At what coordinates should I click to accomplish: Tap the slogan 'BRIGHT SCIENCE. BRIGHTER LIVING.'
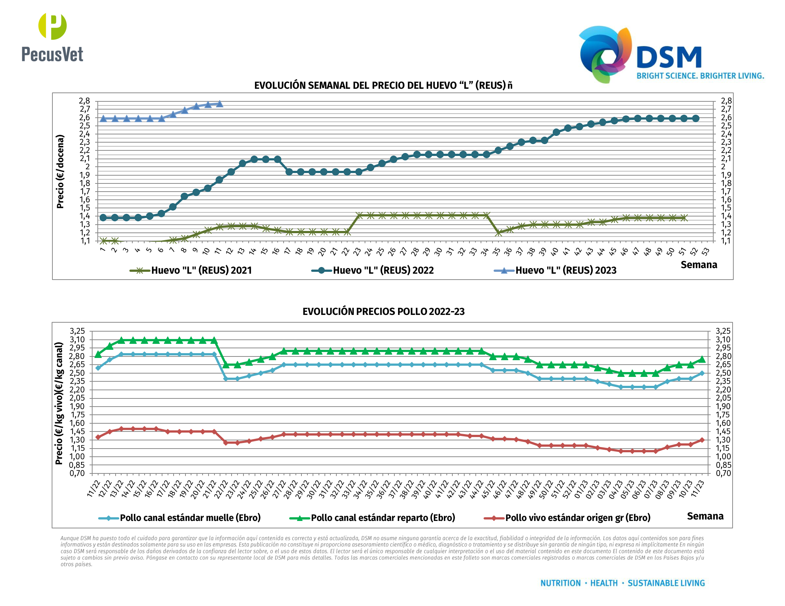[700, 76]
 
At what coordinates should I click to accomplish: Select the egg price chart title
[383, 85]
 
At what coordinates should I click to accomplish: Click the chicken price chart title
[383, 312]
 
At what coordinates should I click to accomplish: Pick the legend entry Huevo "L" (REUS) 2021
[201, 270]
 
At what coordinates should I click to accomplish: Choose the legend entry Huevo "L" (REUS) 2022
[383, 270]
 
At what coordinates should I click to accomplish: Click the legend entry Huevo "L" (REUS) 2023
[565, 270]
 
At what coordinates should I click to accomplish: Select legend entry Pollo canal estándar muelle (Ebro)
[190, 518]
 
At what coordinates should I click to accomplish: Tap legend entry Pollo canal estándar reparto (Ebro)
[383, 518]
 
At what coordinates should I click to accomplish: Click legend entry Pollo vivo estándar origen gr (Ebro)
[578, 518]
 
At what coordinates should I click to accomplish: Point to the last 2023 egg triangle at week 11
[220, 104]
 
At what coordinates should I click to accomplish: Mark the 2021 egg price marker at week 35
[498, 233]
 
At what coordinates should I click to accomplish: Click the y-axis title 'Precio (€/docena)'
[60, 171]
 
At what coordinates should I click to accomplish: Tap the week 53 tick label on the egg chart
[705, 251]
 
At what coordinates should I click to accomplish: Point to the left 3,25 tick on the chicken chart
[77, 331]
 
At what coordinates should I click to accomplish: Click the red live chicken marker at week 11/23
[702, 440]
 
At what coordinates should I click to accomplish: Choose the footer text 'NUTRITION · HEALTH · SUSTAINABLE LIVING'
[623, 583]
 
